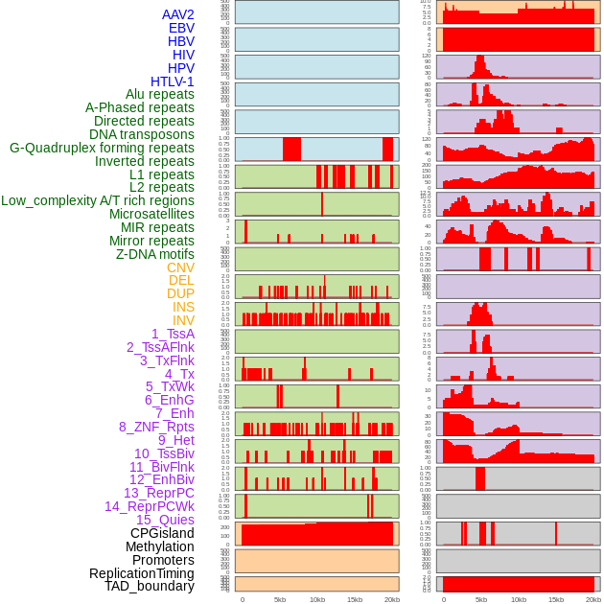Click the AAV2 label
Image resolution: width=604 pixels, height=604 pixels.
click(x=177, y=14)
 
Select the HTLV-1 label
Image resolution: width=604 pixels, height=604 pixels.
click(x=172, y=81)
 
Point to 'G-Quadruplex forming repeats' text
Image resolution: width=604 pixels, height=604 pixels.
click(x=102, y=148)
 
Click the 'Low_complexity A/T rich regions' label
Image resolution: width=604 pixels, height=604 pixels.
click(x=97, y=200)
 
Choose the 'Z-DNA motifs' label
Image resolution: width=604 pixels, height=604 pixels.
click(x=154, y=254)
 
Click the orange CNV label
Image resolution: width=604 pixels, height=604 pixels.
click(x=180, y=267)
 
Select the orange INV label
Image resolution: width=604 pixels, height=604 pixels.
click(x=183, y=320)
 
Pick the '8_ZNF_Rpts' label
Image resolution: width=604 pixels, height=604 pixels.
click(x=156, y=427)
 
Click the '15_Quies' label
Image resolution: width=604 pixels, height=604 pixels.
click(x=165, y=520)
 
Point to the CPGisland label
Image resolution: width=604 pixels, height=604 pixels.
click(x=162, y=533)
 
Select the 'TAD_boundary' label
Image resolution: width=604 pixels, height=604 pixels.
click(x=149, y=586)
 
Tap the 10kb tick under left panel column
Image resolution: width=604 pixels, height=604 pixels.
click(x=316, y=599)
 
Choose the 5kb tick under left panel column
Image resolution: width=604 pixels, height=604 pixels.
click(x=279, y=599)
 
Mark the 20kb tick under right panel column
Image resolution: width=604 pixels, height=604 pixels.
click(x=593, y=599)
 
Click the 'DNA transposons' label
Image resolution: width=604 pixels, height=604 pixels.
click(x=141, y=134)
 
